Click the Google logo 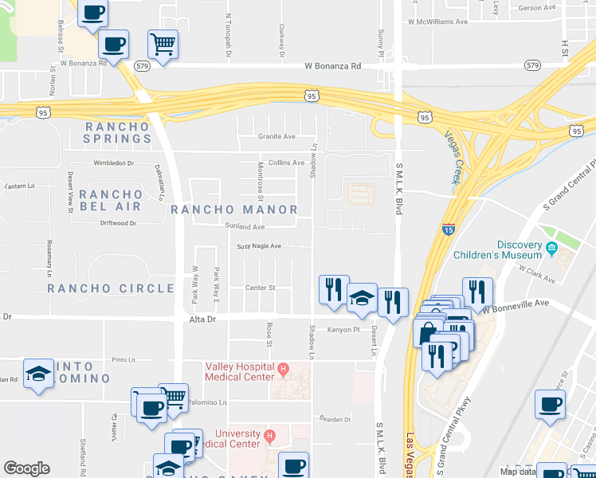click(x=27, y=468)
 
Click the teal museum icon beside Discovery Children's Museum click(x=551, y=250)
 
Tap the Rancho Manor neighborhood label click(x=234, y=210)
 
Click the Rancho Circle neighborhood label click(x=110, y=288)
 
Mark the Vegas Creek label click(x=452, y=156)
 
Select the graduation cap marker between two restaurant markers click(x=362, y=299)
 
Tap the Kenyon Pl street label click(x=344, y=328)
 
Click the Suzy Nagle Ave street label click(x=259, y=246)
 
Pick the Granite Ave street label click(x=276, y=136)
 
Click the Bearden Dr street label click(x=334, y=419)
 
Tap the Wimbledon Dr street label click(x=114, y=163)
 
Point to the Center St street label click(x=260, y=288)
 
